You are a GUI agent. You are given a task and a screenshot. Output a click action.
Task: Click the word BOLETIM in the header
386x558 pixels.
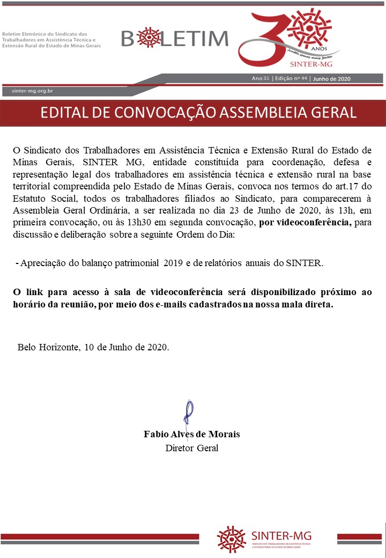click(x=175, y=39)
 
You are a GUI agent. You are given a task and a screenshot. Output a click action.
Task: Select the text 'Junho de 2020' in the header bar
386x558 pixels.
click(x=331, y=78)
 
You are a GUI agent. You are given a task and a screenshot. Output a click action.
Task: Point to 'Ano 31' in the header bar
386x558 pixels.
click(x=261, y=78)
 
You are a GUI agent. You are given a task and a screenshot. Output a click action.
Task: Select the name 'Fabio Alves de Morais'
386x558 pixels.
click(x=192, y=434)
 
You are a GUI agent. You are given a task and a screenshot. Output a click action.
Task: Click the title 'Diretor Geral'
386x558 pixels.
click(x=192, y=448)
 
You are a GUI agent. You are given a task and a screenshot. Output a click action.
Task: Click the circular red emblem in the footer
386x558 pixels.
click(x=232, y=539)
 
